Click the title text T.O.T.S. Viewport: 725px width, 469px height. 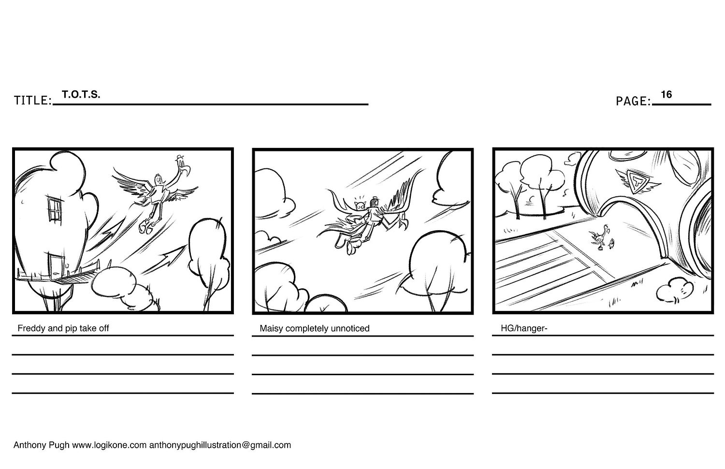click(81, 94)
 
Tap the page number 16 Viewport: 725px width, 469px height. click(666, 94)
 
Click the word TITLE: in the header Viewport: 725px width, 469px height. click(33, 101)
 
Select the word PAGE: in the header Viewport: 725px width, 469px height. click(633, 101)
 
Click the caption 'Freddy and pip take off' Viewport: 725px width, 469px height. click(63, 328)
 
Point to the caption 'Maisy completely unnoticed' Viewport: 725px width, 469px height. click(314, 328)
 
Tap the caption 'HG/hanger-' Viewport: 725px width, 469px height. click(523, 328)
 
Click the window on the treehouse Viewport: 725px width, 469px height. click(54, 209)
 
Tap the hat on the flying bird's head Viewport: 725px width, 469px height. click(179, 158)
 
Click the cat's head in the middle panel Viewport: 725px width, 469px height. click(360, 206)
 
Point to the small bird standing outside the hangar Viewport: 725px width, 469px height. click(611, 243)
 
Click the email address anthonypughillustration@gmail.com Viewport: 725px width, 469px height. click(220, 445)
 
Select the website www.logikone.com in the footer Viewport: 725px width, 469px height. click(109, 445)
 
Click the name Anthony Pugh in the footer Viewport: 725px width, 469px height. click(41, 445)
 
